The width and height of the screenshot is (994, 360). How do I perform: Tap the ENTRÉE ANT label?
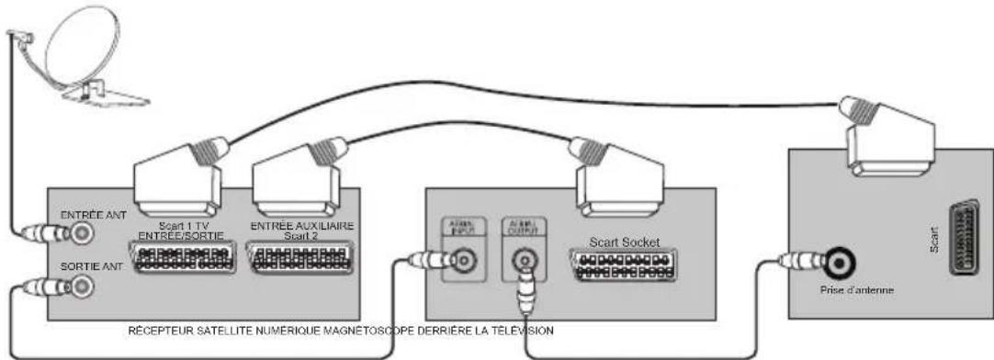(86, 215)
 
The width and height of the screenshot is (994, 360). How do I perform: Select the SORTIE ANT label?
(85, 266)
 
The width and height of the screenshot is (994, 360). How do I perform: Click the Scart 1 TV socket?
(182, 258)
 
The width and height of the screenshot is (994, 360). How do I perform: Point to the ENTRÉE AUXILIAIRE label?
(300, 226)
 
